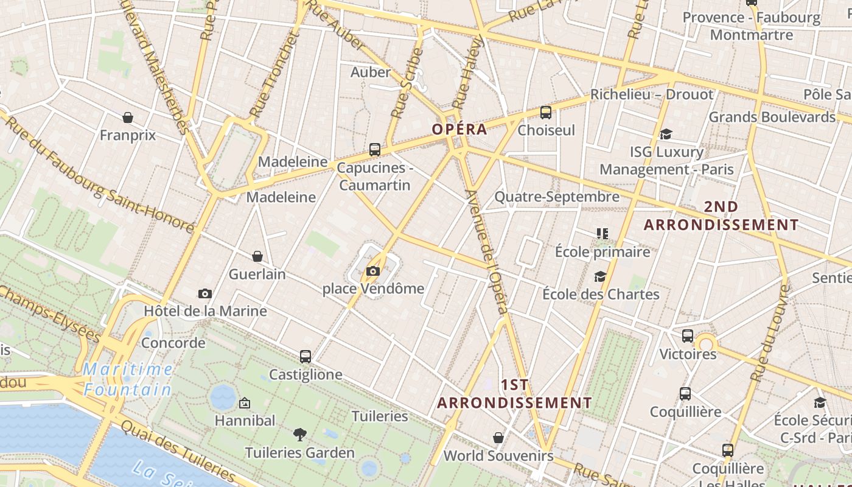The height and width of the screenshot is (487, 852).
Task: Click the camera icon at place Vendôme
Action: coord(373,271)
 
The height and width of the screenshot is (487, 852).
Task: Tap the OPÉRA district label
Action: coord(459,129)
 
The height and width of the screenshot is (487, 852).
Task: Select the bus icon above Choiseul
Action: coord(546,113)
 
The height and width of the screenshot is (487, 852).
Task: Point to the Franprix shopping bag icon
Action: coord(128,117)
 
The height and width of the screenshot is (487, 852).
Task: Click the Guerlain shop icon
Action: coord(257,256)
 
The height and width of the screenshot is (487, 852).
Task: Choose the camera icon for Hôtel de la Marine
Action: coord(205,293)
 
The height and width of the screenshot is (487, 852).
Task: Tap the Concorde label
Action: coord(173,343)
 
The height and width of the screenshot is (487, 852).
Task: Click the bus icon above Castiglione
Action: coord(306,357)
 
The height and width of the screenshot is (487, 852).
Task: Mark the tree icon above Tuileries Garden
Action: coord(299,435)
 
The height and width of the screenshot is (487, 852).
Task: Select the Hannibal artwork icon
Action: coord(245,403)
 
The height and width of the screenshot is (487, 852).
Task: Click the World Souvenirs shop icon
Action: coord(498,438)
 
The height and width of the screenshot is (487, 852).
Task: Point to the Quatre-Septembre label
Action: coord(556,197)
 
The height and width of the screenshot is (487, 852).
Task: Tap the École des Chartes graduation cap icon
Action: coord(601,277)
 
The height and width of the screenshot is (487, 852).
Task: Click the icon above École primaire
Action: coord(602,234)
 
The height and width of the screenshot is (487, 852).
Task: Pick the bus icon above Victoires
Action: coord(688,336)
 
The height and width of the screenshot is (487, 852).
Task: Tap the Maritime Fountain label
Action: coord(128,379)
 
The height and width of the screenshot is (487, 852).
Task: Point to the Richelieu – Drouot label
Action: coord(651,94)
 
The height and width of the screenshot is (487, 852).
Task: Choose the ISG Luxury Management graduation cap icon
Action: coord(666,134)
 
